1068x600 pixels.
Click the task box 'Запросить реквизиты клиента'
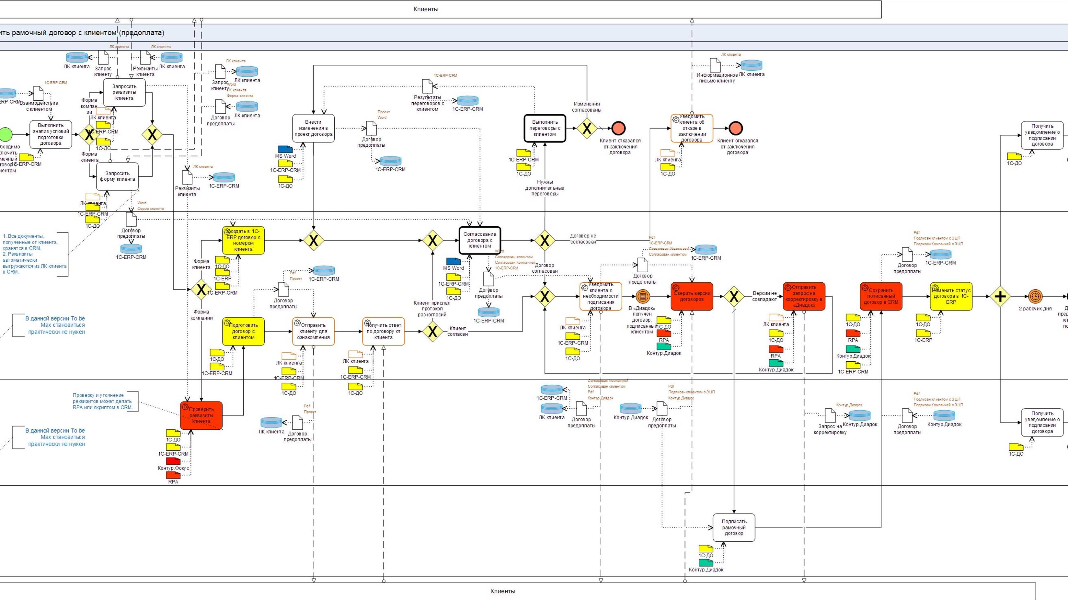tap(124, 92)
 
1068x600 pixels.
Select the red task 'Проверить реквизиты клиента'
tap(201, 415)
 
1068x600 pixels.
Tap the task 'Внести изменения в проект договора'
tap(314, 129)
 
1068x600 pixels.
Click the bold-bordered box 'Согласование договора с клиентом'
tap(480, 240)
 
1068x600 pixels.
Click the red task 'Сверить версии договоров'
tap(692, 296)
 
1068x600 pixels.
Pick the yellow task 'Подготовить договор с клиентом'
tap(243, 332)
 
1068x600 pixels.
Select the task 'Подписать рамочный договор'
tap(734, 527)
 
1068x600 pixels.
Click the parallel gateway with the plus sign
tap(1000, 297)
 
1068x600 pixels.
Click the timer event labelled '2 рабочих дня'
tap(1035, 297)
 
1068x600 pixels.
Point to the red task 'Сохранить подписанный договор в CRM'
tap(881, 297)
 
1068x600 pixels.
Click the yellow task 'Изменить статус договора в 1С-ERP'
tap(951, 297)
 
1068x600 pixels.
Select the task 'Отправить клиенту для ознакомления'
tap(314, 332)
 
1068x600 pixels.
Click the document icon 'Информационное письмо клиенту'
tap(715, 65)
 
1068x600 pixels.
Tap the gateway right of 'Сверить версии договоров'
tap(734, 297)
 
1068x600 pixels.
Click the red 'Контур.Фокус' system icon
tap(173, 461)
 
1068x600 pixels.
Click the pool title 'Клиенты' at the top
tap(426, 9)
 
